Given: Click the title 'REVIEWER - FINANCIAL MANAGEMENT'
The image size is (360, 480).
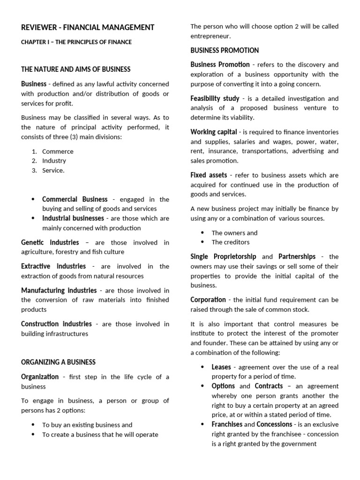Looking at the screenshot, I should click(88, 28).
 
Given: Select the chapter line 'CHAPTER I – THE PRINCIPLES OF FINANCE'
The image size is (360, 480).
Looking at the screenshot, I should click(76, 42).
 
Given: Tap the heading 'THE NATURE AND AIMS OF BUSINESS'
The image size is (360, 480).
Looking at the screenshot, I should click(76, 69).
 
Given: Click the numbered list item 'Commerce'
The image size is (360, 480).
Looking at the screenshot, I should click(58, 151).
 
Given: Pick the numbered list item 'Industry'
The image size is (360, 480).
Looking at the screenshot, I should click(54, 161).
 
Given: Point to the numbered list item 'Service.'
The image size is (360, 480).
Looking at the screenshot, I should click(53, 171).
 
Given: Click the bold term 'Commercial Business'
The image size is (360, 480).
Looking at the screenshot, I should click(75, 199).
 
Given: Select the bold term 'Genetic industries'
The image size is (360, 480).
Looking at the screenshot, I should click(50, 242).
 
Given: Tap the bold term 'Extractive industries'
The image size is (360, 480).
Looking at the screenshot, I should click(53, 266).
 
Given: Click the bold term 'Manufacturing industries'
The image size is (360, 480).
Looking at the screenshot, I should click(59, 291).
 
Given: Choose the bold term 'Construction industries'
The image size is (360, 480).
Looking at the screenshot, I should click(56, 324).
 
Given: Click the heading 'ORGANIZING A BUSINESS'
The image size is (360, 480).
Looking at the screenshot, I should click(58, 362).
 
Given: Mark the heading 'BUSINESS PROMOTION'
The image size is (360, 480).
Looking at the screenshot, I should click(225, 50).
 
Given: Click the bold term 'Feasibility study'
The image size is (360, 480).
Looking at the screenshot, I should click(215, 98).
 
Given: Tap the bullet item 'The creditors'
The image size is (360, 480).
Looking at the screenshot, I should click(230, 242).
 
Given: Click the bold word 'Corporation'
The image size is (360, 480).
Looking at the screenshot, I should click(208, 300).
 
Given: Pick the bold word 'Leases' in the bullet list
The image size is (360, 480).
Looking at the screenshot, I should click(221, 367).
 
